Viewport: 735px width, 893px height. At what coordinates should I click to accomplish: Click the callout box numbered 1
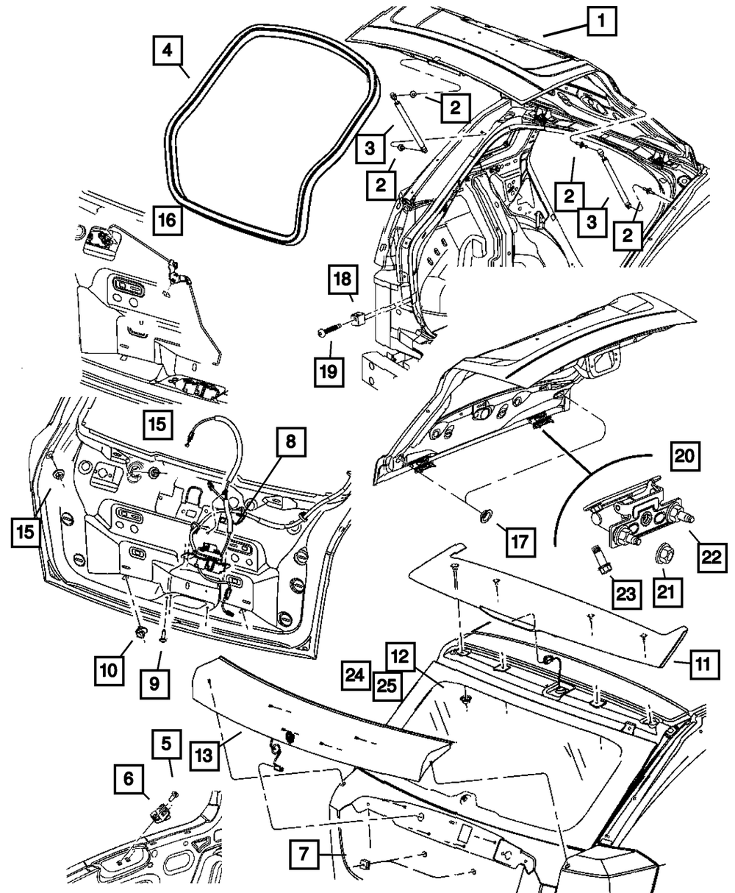tap(600, 24)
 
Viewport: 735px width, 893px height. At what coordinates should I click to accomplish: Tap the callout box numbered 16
tap(168, 220)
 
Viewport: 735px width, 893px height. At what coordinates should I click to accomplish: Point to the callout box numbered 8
tap(290, 441)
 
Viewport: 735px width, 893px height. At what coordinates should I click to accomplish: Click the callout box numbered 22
tap(711, 558)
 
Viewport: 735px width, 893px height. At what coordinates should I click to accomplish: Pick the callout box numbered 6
tap(128, 779)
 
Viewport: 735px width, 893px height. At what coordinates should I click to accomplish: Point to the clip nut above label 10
tap(141, 633)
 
